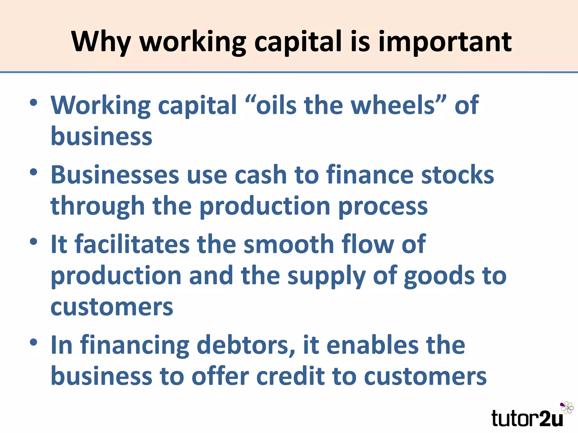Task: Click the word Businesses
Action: coord(115,175)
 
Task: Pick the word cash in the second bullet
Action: coord(261,175)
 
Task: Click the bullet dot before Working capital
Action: coord(33,103)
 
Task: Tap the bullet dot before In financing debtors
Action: coord(33,342)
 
